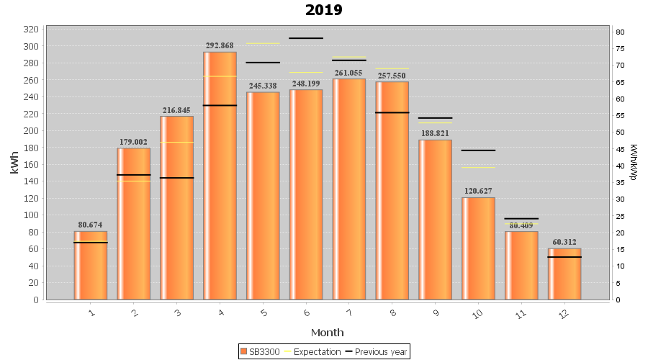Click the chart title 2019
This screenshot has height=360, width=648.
tap(324, 10)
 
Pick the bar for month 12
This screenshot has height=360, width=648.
tap(564, 274)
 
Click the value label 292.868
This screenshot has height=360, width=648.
tap(220, 45)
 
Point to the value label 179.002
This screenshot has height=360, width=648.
tap(134, 142)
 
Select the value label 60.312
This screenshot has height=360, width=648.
tap(564, 242)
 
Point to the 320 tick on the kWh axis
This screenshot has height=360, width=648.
tap(31, 30)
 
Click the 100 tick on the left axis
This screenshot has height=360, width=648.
tap(31, 215)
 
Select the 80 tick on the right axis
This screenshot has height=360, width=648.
tap(619, 32)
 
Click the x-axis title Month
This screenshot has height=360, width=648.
tap(327, 332)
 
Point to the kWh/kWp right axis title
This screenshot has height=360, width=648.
tap(633, 162)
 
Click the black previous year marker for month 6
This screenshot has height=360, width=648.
tap(306, 38)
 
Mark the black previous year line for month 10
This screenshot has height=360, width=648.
tap(478, 150)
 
